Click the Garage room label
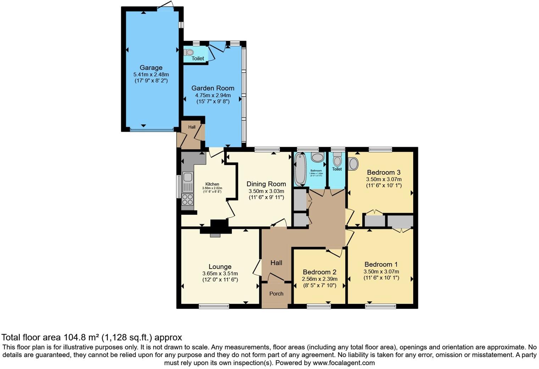(151, 68)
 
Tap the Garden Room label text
(213, 88)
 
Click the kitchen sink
(188, 177)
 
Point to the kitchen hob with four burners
(188, 199)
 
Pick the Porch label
(276, 294)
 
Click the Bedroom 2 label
(319, 272)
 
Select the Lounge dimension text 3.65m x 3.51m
(220, 274)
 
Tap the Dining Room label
(266, 184)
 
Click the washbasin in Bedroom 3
(353, 164)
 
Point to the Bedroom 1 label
(381, 264)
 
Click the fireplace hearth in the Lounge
(215, 235)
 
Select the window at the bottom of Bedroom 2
(318, 306)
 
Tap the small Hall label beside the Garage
(191, 127)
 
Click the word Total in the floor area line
(11, 337)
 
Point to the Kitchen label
(212, 184)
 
